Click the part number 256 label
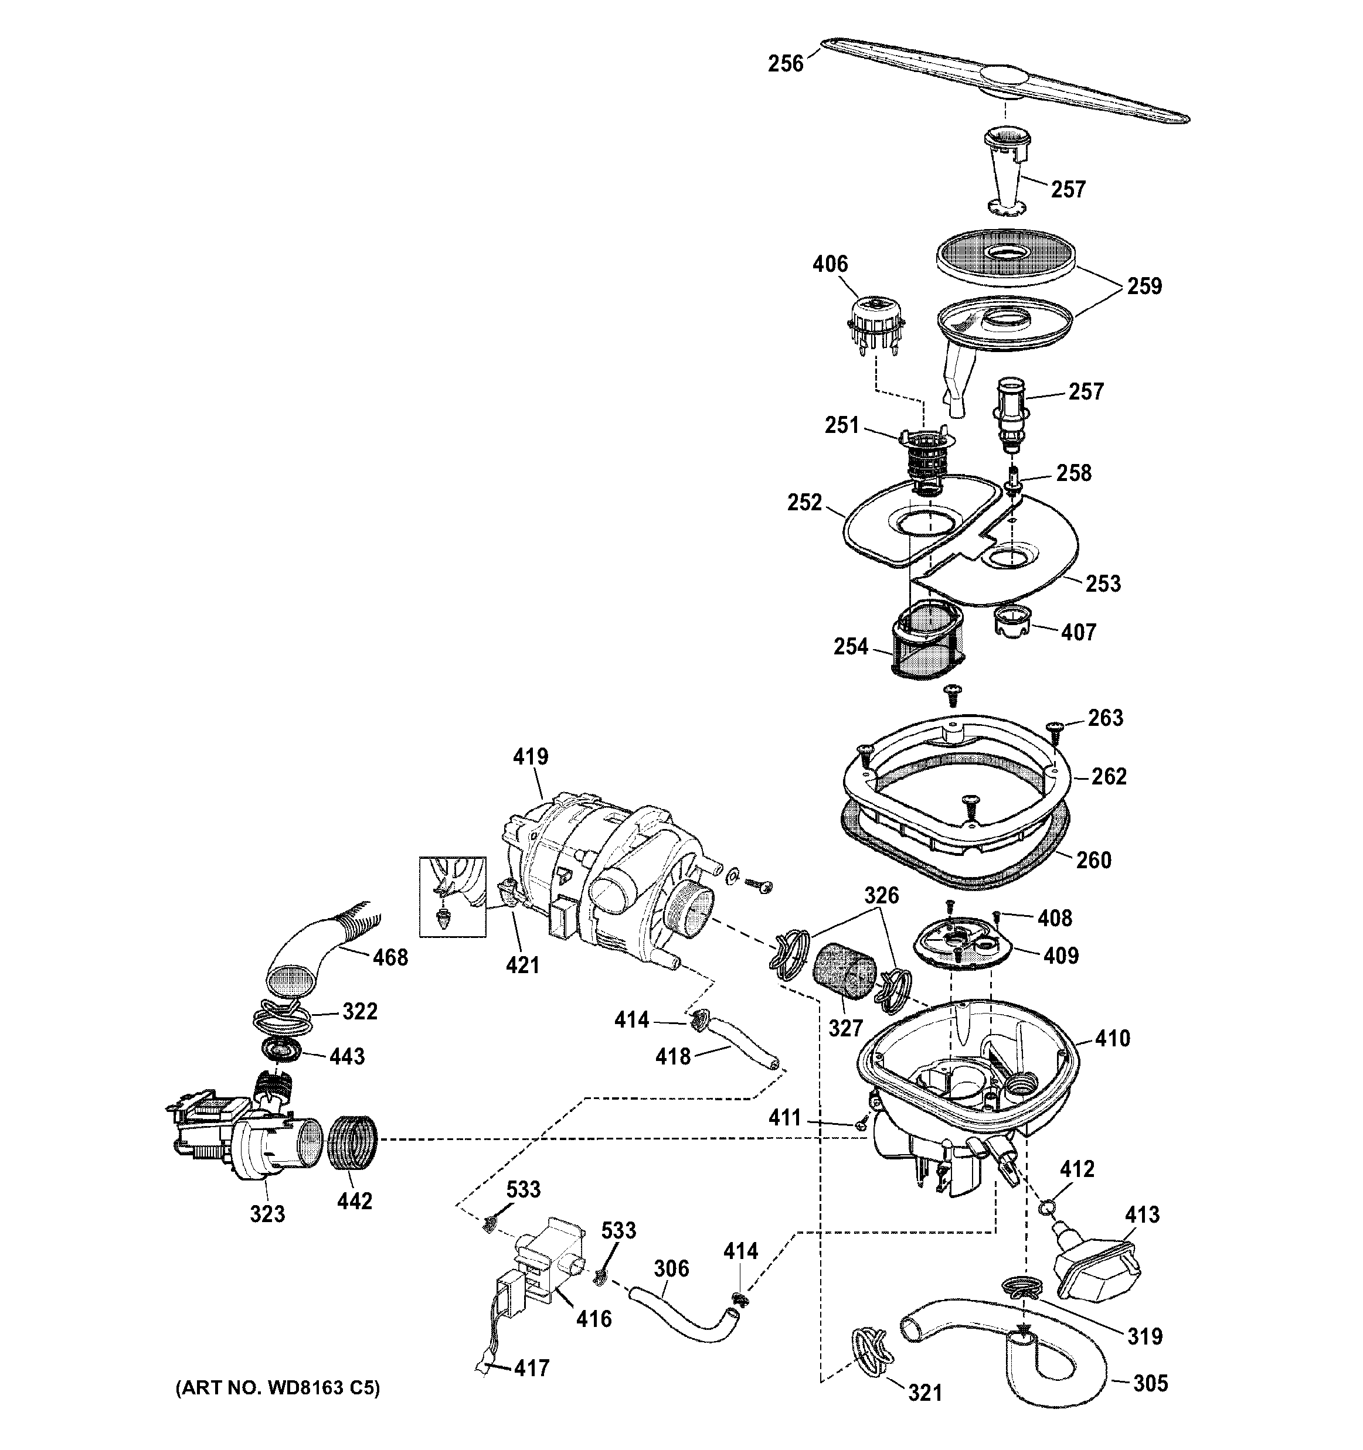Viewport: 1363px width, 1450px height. coord(785,64)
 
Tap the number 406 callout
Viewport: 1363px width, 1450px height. coord(830,264)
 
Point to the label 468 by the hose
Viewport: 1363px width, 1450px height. coord(390,958)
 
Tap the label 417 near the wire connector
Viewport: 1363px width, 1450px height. coord(531,1369)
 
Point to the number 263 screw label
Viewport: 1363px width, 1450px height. coord(1106,718)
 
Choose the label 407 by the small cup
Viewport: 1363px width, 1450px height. coord(1079,632)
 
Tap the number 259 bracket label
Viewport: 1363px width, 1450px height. coord(1144,286)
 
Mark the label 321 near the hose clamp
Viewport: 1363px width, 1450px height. coord(924,1393)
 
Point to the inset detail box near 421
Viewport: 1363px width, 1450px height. coord(453,896)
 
